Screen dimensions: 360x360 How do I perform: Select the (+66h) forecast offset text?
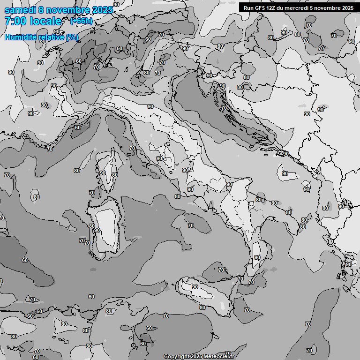(81, 21)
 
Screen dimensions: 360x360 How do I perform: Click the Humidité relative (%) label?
(41, 37)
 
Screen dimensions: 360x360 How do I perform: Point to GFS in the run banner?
(263, 7)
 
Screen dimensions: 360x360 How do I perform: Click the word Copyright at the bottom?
(177, 356)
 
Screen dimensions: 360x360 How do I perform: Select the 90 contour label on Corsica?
(102, 173)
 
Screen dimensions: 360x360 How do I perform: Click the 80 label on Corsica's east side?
(115, 175)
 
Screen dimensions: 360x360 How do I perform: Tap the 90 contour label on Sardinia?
(97, 230)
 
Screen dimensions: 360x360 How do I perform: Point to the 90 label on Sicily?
(195, 287)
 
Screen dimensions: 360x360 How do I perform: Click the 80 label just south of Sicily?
(202, 307)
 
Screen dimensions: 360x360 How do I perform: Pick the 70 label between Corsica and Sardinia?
(92, 193)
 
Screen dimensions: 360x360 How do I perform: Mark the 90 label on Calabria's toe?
(257, 257)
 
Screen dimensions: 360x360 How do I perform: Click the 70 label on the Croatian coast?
(224, 108)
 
